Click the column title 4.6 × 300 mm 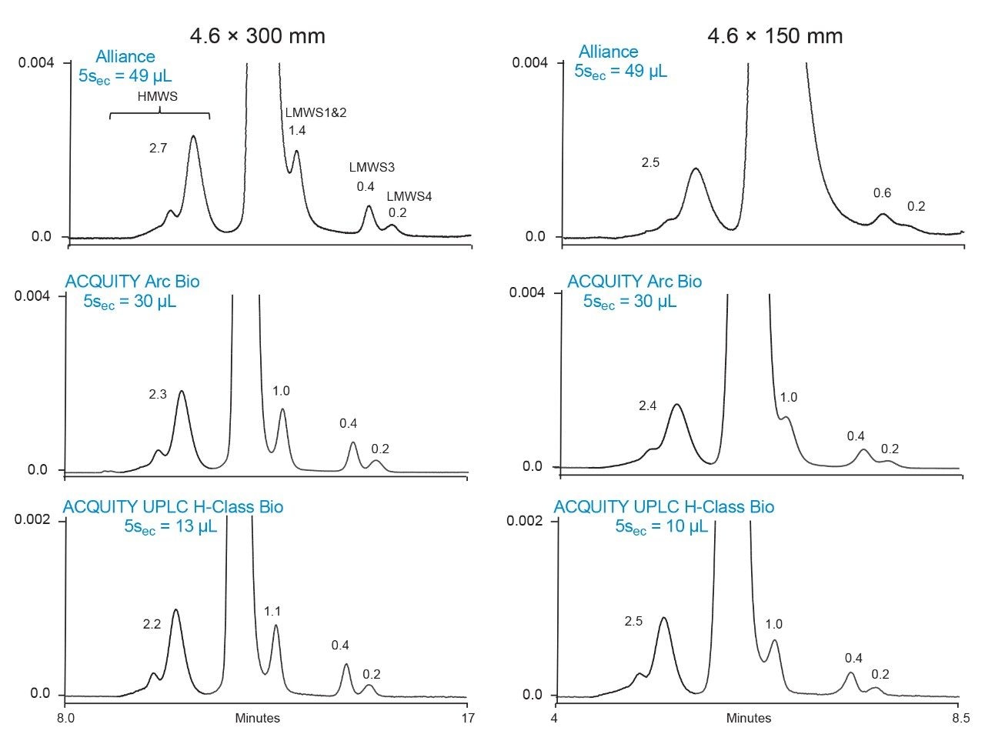coord(258,36)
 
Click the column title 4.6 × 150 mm coord(775,36)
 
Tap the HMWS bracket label coord(157,97)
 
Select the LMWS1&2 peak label coord(316,112)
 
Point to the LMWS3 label coord(372,167)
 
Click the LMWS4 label coord(409,196)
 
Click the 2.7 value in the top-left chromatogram coord(158,149)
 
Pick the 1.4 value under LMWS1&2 coord(297,131)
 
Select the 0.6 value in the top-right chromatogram coord(882,193)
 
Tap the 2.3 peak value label coord(158,395)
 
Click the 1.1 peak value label coord(272,612)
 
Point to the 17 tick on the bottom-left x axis coord(467,719)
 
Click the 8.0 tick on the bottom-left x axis coord(66,719)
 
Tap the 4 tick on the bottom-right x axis coord(555,719)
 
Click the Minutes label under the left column coord(258,719)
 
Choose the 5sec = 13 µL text coord(170,527)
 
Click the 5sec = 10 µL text coord(661,527)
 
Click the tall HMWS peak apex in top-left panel coord(193,136)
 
